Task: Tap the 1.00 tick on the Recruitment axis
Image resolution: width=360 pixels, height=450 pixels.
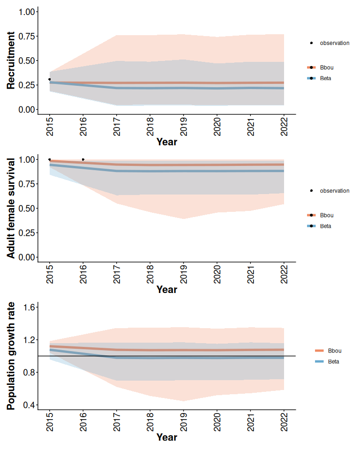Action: click(x=26, y=12)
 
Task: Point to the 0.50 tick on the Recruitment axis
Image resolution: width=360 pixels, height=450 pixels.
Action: click(x=26, y=60)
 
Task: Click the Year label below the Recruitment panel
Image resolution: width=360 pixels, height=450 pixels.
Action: click(x=167, y=142)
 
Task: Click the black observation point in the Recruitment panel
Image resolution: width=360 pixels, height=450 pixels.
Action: click(x=50, y=79)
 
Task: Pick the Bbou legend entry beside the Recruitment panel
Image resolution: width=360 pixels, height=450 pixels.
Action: click(x=326, y=67)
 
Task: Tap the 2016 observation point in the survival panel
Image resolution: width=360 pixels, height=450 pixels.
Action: click(x=83, y=159)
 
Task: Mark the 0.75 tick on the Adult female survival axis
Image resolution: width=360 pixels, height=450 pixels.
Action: click(x=26, y=184)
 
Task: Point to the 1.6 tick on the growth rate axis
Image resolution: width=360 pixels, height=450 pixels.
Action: click(x=29, y=307)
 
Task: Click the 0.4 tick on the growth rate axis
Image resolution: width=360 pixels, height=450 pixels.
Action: click(x=29, y=405)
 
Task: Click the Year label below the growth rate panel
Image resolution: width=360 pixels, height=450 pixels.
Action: click(x=167, y=437)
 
